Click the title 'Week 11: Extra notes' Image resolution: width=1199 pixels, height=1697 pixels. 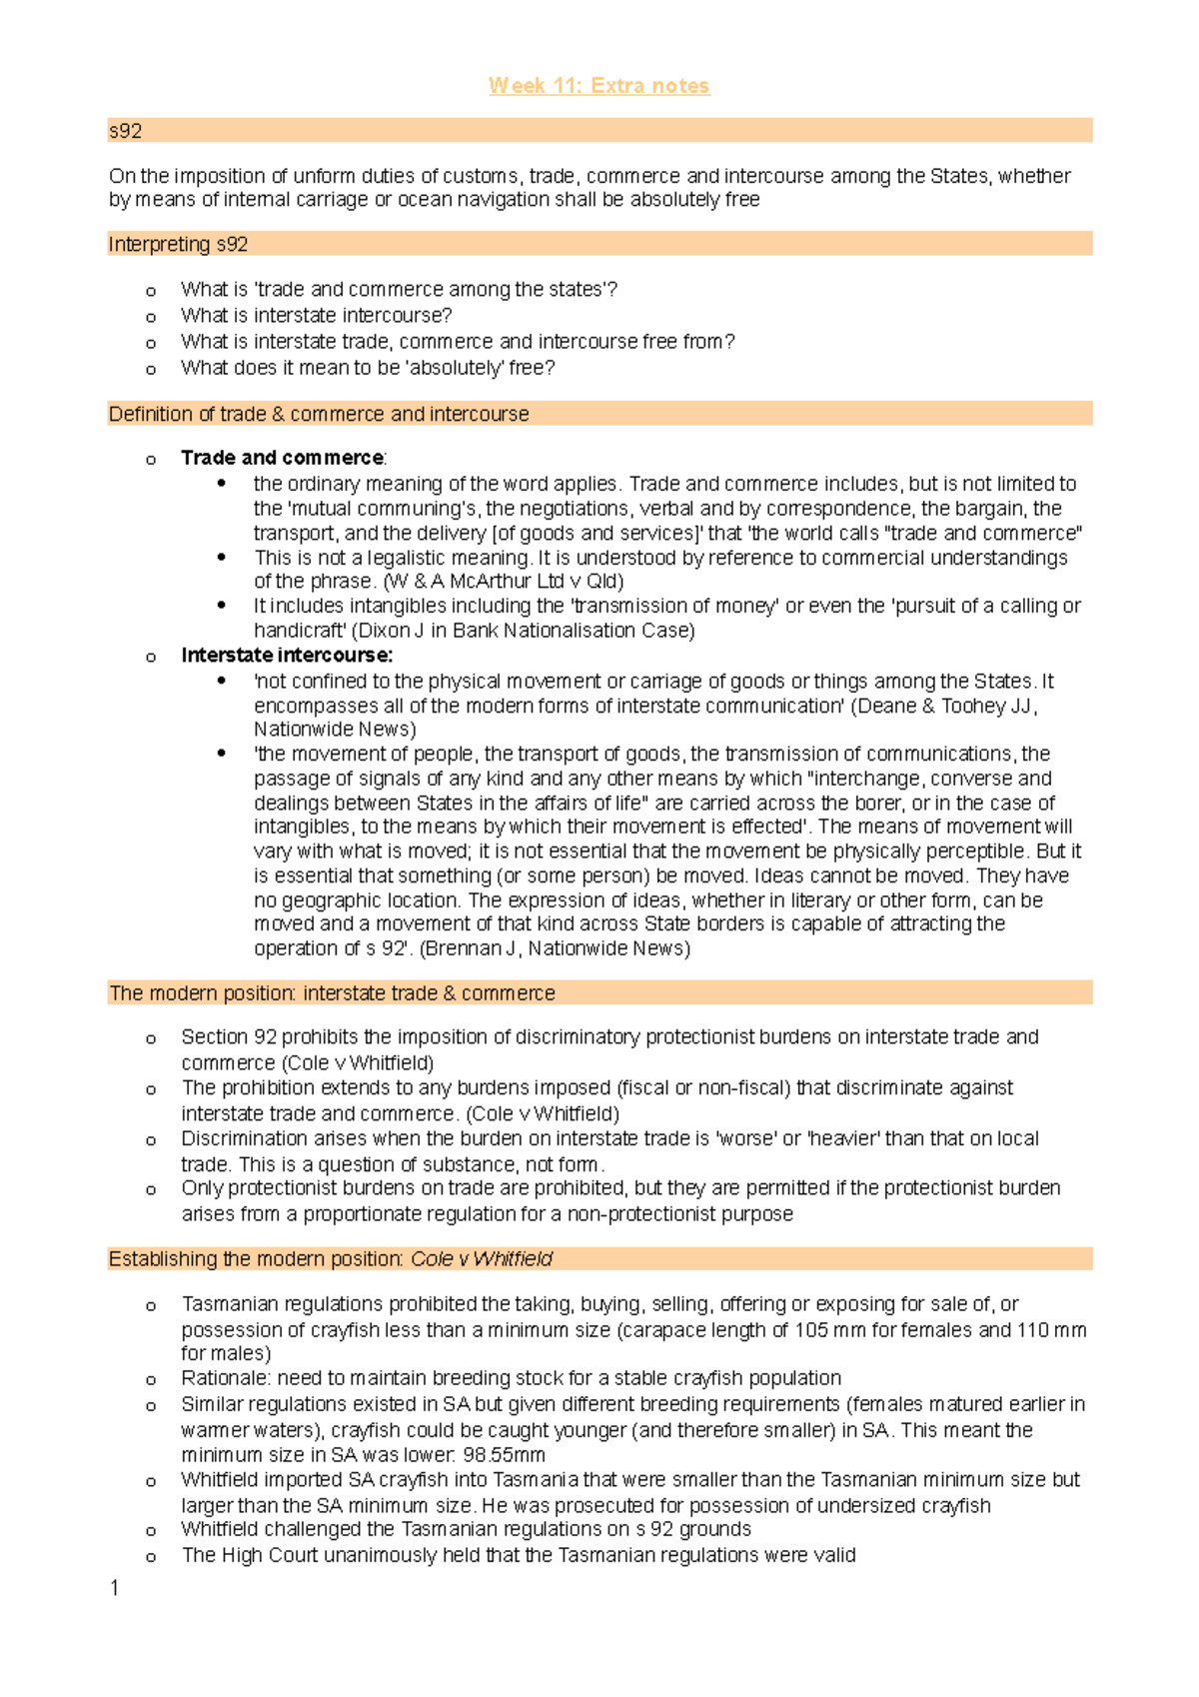[x=599, y=86]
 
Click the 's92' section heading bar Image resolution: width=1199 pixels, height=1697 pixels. [x=599, y=131]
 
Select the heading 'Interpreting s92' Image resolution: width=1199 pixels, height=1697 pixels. [x=178, y=245]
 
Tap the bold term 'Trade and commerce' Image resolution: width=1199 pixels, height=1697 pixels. [x=282, y=458]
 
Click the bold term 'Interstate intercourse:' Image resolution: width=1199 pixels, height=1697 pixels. [x=287, y=656]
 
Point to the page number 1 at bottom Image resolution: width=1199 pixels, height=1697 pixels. [x=115, y=1588]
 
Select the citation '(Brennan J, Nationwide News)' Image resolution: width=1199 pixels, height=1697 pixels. [x=555, y=948]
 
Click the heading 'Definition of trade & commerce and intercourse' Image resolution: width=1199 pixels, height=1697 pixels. [x=319, y=414]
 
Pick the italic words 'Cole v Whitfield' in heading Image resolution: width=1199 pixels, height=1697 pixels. [x=482, y=1259]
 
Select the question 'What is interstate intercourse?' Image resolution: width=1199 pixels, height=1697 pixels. [x=316, y=316]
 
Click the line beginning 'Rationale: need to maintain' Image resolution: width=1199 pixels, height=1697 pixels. [x=511, y=1378]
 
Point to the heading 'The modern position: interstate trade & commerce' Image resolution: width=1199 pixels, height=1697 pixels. [x=332, y=993]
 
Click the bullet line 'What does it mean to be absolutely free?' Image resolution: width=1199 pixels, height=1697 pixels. [x=368, y=368]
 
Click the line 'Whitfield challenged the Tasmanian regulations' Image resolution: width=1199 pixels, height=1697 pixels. [x=466, y=1529]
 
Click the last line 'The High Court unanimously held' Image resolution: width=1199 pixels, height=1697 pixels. [x=518, y=1555]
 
